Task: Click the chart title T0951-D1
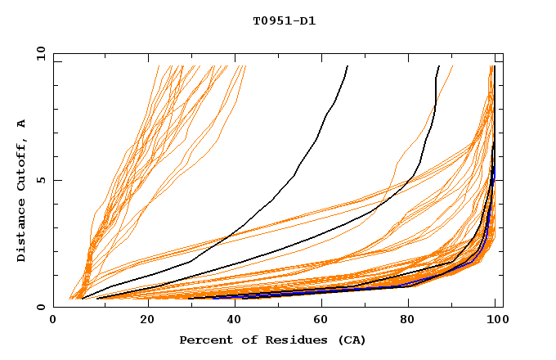coord(284,21)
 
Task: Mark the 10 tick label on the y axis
coord(40,53)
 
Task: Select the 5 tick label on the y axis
coord(43,180)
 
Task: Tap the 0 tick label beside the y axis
coord(43,307)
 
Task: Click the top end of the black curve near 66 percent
coord(347,66)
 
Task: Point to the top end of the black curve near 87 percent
coord(439,66)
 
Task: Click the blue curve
coord(458,269)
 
